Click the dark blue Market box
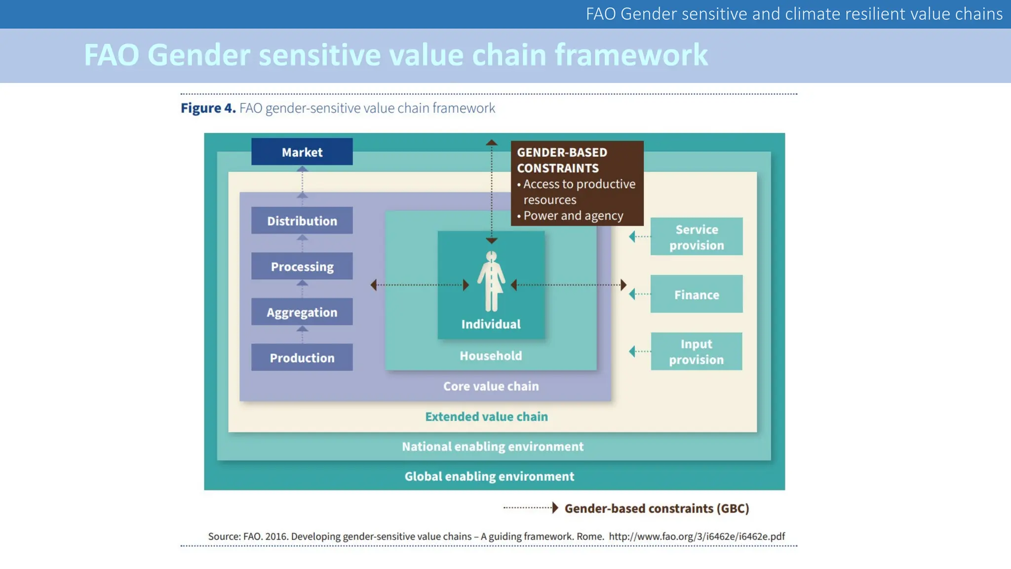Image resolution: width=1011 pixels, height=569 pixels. (x=302, y=152)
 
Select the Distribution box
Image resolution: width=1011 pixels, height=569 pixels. (x=302, y=220)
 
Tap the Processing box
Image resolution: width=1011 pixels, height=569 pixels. (x=302, y=266)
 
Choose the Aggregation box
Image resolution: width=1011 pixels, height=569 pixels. (x=302, y=312)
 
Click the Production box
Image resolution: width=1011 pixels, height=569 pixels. (x=302, y=357)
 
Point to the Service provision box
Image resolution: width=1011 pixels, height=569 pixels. (x=696, y=237)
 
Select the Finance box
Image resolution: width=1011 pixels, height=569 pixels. (x=696, y=294)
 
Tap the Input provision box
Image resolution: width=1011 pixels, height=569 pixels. (x=696, y=351)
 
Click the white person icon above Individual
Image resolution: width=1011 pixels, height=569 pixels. (x=491, y=282)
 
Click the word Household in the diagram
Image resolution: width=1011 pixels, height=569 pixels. (x=491, y=356)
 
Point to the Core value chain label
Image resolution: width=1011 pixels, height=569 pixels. (x=491, y=386)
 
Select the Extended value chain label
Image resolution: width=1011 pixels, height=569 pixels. (x=486, y=416)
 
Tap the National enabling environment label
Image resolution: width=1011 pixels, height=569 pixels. (x=492, y=447)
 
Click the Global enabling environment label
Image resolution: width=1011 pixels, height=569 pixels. (x=489, y=476)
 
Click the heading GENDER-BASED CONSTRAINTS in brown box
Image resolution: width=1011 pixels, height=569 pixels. (x=562, y=160)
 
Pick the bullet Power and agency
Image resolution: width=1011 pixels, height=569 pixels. (x=573, y=216)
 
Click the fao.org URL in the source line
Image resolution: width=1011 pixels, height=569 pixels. (x=696, y=536)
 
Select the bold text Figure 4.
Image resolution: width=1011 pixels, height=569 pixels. (x=208, y=108)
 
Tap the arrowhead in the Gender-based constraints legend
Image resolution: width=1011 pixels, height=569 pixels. (x=555, y=508)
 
